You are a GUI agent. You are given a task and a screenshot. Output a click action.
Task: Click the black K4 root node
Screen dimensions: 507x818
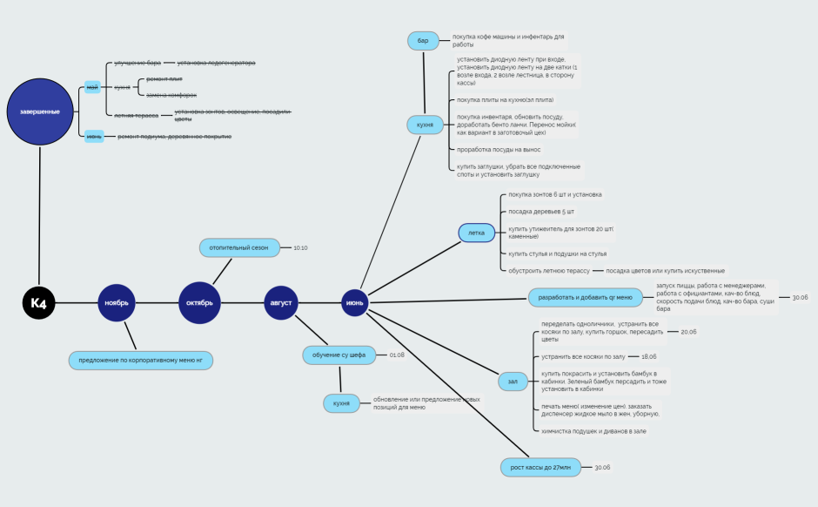point(38,303)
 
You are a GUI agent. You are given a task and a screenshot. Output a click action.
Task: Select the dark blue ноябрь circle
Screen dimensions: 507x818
point(117,303)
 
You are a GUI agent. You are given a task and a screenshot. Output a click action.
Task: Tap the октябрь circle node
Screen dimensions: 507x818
point(199,303)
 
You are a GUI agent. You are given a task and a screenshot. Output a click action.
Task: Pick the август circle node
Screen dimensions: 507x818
point(281,303)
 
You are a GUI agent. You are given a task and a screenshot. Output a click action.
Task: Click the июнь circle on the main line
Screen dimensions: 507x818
point(355,303)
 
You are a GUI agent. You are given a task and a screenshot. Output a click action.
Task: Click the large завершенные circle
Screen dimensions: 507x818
point(39,112)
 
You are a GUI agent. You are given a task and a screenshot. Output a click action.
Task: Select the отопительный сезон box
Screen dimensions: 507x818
point(239,247)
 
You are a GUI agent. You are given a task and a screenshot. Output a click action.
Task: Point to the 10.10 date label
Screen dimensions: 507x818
point(300,247)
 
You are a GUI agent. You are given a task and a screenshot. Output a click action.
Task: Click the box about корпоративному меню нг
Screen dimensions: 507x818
point(140,360)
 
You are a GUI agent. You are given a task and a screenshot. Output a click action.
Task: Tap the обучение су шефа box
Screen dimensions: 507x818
point(339,355)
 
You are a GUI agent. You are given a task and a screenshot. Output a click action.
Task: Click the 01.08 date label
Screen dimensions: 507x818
point(397,355)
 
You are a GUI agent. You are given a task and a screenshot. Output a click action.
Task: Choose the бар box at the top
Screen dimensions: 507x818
point(423,41)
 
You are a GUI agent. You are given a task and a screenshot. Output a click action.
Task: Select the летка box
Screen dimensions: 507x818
point(476,233)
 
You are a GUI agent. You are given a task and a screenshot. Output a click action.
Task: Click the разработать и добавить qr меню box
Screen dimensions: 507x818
point(585,297)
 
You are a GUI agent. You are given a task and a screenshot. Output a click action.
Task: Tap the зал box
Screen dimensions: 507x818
point(513,381)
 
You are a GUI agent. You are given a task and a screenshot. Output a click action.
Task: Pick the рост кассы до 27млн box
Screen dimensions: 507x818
point(540,467)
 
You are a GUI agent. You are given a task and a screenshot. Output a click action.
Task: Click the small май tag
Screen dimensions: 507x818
point(92,87)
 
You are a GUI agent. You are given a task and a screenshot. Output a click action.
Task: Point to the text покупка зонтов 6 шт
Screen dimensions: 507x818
point(554,194)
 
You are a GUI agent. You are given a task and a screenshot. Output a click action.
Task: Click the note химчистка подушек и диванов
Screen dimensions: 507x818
point(593,430)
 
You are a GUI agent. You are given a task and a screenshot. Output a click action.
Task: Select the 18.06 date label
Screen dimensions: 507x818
point(648,356)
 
